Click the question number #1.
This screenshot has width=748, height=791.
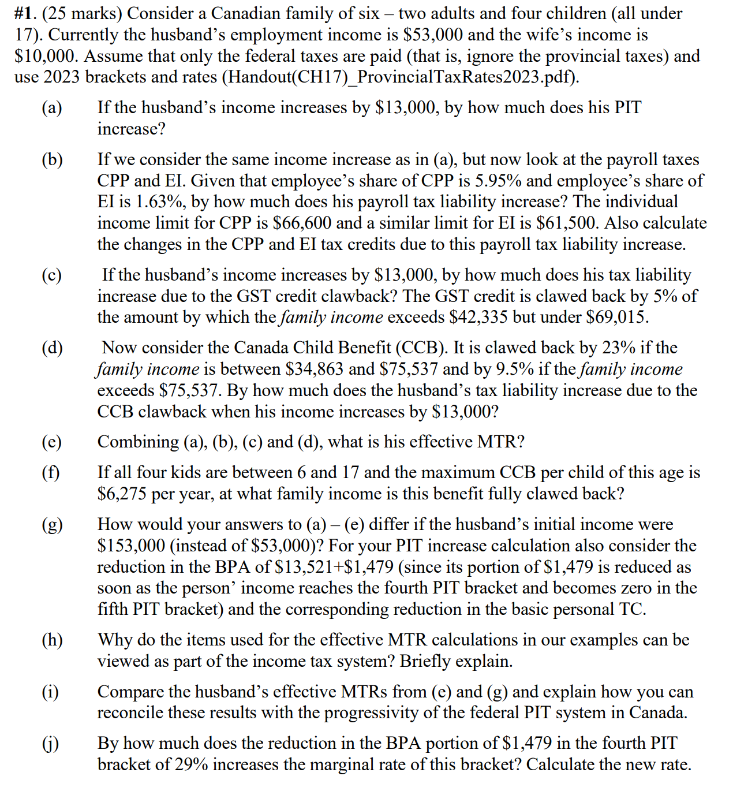[26, 13]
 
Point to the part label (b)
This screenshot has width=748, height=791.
[52, 160]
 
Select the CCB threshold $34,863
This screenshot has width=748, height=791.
[315, 369]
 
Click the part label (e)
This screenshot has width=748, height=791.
[52, 442]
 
